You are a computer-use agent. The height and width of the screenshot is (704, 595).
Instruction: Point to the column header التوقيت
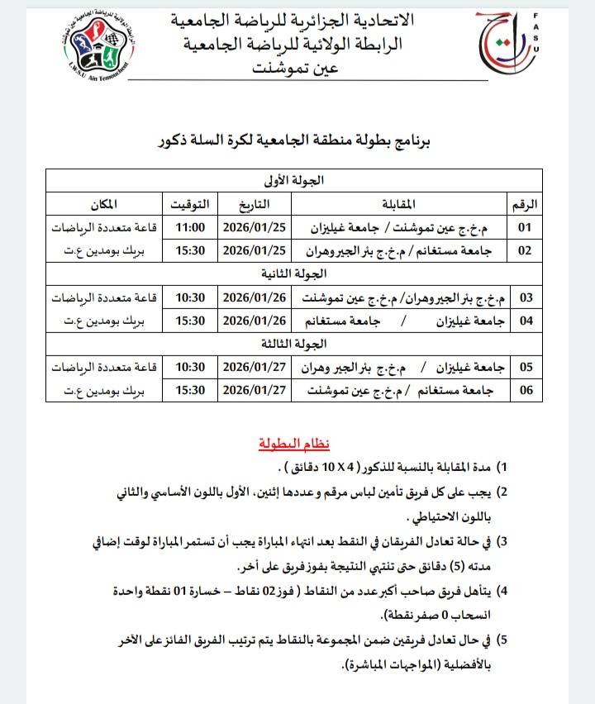(x=189, y=202)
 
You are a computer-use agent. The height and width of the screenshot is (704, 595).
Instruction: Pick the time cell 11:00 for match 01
(x=189, y=226)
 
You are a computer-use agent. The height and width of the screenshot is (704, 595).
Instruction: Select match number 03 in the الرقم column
(x=525, y=297)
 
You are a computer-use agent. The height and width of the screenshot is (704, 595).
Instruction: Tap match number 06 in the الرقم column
(x=525, y=389)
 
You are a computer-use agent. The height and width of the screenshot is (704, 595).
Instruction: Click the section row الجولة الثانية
(x=293, y=273)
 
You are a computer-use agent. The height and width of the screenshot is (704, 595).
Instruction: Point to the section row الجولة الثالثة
(x=293, y=343)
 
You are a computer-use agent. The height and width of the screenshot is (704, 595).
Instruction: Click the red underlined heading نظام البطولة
(x=295, y=445)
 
